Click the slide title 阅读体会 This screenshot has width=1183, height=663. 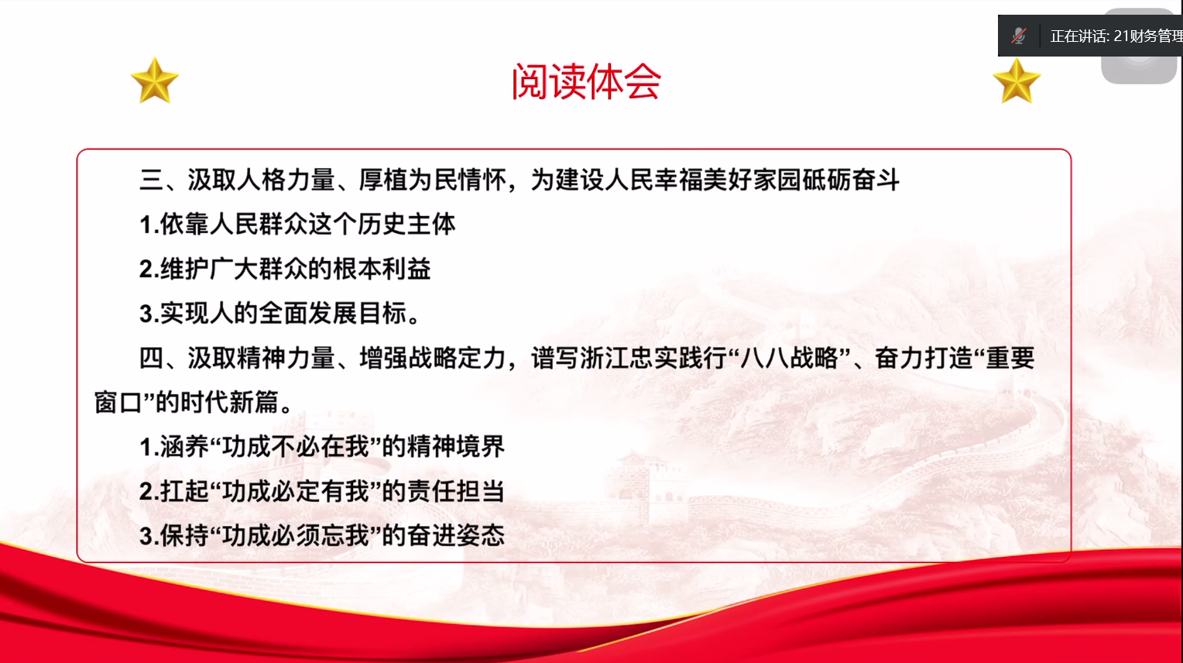pyautogui.click(x=586, y=82)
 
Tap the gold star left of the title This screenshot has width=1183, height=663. pyautogui.click(x=155, y=81)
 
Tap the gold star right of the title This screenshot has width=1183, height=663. pyautogui.click(x=1017, y=81)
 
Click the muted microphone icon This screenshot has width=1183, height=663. pyautogui.click(x=1019, y=36)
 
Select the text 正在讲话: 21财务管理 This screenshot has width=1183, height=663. pyautogui.click(x=1116, y=36)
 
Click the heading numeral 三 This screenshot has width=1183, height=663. pyautogui.click(x=152, y=180)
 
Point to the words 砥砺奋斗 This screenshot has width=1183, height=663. pyautogui.click(x=851, y=180)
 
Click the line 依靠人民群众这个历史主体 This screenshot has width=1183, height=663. pyautogui.click(x=297, y=224)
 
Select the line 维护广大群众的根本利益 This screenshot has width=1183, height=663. pyautogui.click(x=285, y=268)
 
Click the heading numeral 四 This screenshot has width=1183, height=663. pyautogui.click(x=152, y=358)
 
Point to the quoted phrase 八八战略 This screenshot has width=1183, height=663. pyautogui.click(x=789, y=358)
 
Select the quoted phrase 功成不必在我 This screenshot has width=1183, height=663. pyautogui.click(x=296, y=447)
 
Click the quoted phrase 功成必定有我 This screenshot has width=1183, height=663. pyautogui.click(x=296, y=491)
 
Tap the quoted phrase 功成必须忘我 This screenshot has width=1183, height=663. pyautogui.click(x=296, y=536)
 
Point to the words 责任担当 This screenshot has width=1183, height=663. pyautogui.click(x=456, y=491)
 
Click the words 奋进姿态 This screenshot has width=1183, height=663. pyautogui.click(x=456, y=536)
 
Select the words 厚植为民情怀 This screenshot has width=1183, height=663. pyautogui.click(x=433, y=180)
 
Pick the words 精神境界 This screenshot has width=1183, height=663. pyautogui.click(x=456, y=447)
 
